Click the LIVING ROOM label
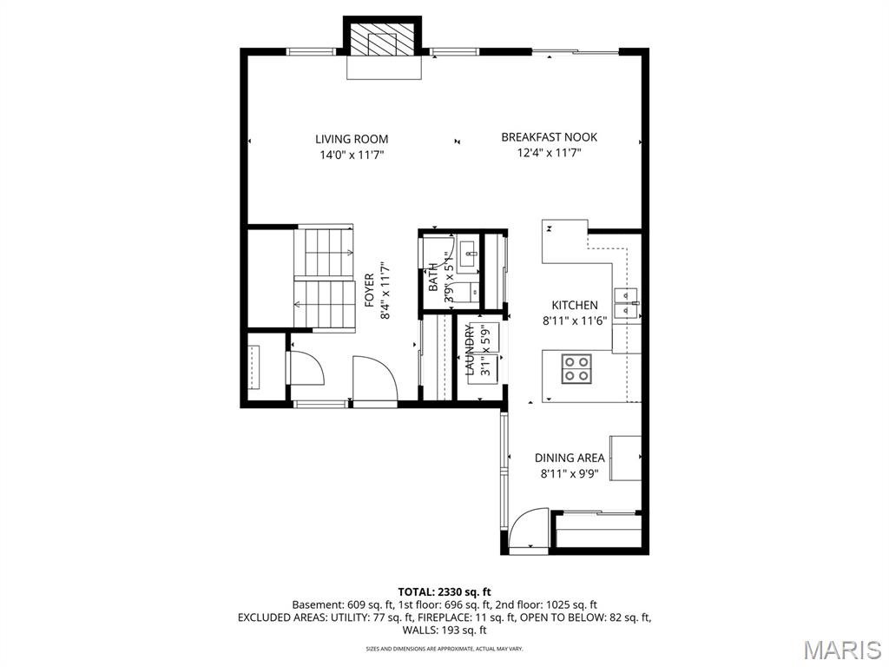pos(351,139)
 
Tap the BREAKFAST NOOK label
pos(549,137)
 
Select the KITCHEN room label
pos(574,305)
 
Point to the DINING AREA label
pos(569,458)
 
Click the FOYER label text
pos(369,291)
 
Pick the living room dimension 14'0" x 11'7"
pos(351,155)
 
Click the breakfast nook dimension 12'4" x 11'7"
pos(549,153)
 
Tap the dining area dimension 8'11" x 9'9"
pos(569,474)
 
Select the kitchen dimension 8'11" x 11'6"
pos(574,320)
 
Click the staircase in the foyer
pos(325,278)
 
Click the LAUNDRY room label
pos(470,350)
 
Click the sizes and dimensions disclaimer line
pos(444,649)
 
